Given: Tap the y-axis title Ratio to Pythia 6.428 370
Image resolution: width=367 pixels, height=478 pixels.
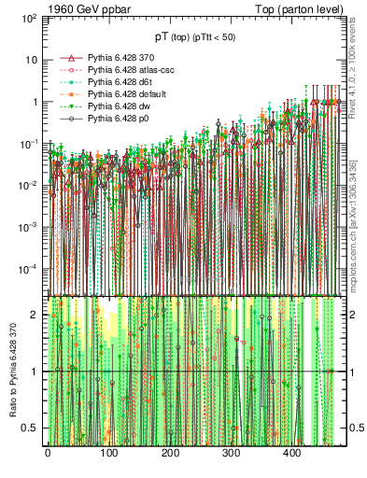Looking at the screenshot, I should coord(12,373).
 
